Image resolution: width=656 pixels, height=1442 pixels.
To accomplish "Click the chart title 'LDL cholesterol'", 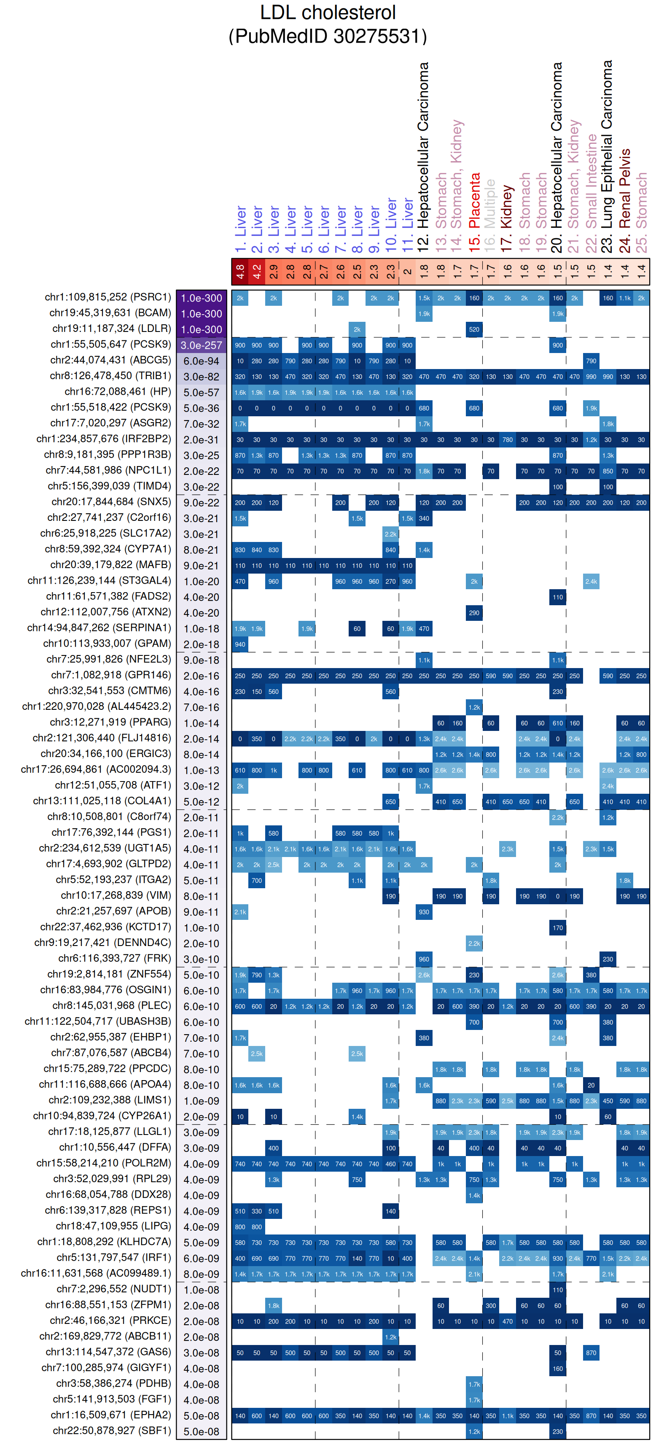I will click(x=328, y=12).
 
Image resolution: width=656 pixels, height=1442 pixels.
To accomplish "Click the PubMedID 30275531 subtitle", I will click(x=328, y=36).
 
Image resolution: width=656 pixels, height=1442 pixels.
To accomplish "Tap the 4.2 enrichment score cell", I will click(x=257, y=272).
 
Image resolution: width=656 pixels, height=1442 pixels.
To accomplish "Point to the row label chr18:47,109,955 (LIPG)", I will click(x=113, y=1226).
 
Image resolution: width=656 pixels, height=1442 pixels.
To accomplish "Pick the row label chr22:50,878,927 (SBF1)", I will click(x=112, y=1431).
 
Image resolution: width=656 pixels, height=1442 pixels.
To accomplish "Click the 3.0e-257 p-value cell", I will click(x=202, y=345).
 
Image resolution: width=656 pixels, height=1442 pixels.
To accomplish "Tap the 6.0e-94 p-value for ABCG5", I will click(x=202, y=361).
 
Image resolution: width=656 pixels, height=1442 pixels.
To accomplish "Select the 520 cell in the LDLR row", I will click(x=474, y=329).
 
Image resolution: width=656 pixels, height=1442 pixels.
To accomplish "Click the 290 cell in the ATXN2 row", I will click(x=474, y=612).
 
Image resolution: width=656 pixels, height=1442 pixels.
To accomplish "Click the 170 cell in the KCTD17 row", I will click(x=557, y=927).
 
